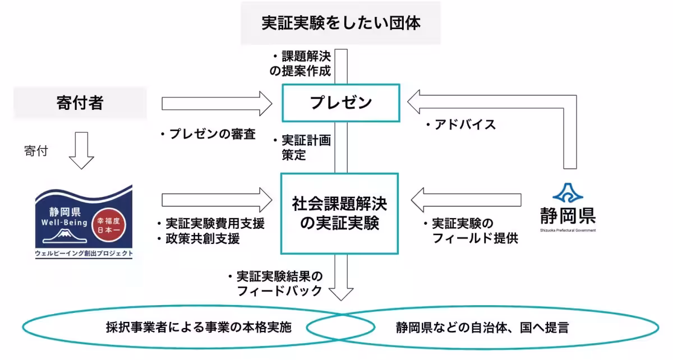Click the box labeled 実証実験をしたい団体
340,23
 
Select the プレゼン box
340,103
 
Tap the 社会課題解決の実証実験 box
339,213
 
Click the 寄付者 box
80,103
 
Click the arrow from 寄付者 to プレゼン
216,103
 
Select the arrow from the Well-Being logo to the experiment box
216,200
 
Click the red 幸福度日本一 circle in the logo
110,221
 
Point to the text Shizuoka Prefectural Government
568,230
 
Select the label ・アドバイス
460,124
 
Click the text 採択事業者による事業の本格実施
199,327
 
